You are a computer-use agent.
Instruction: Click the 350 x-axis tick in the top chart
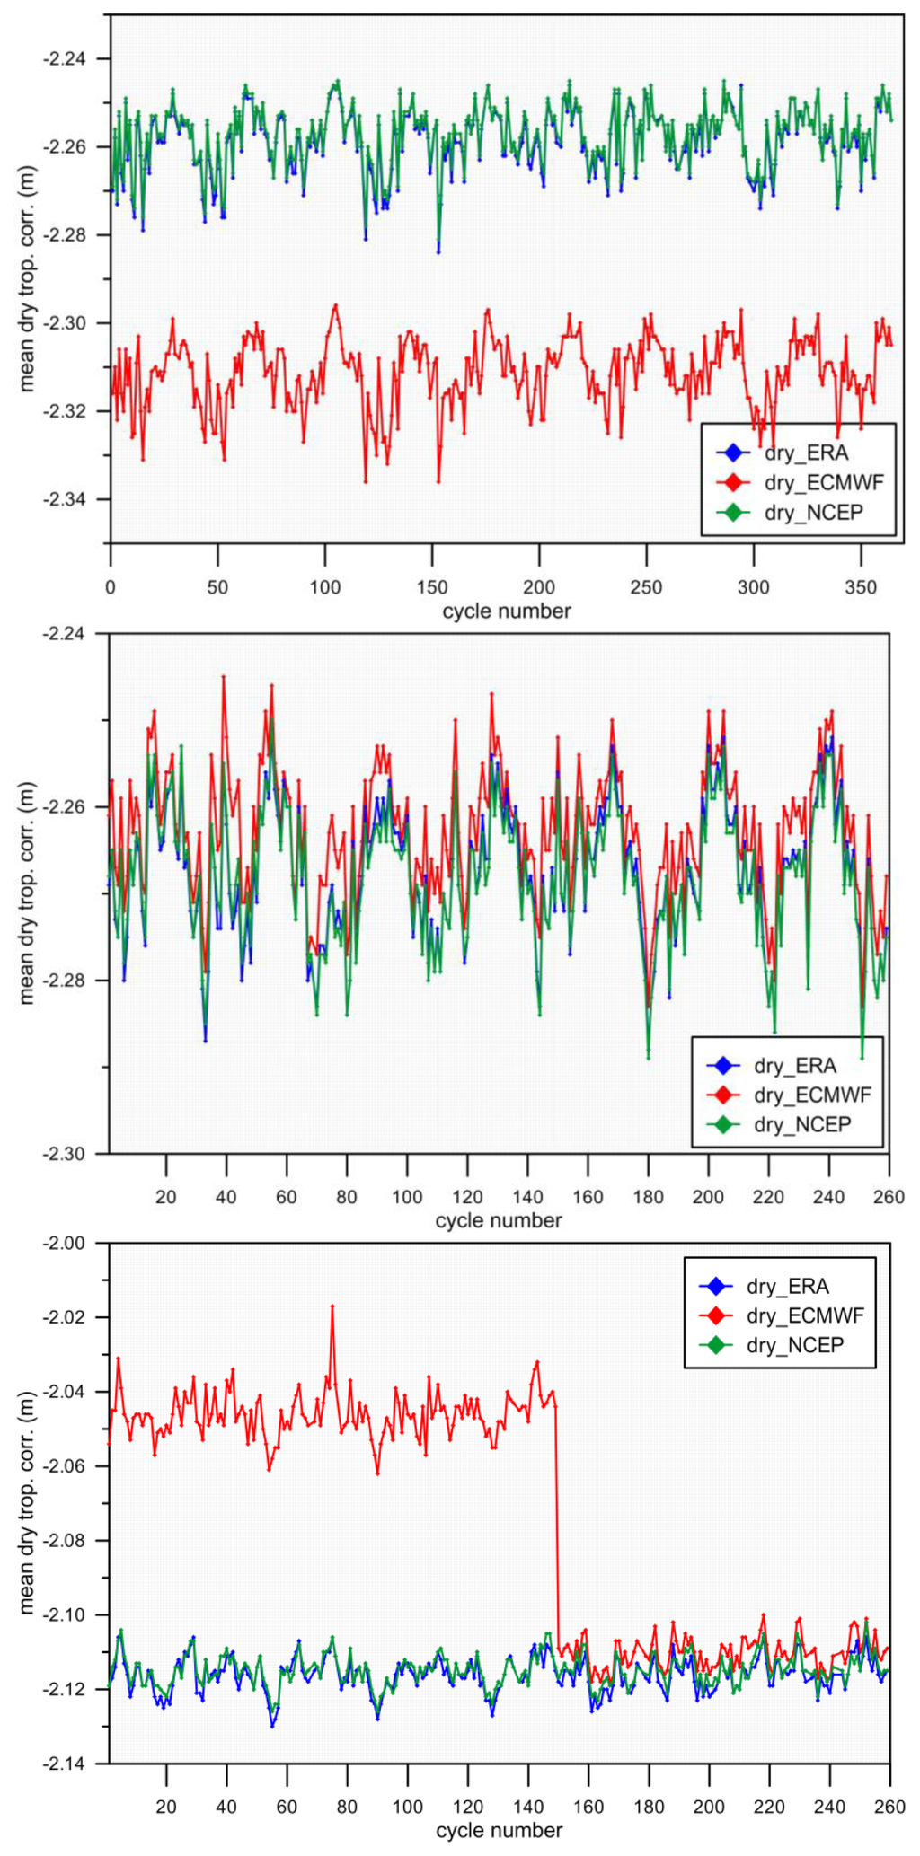(861, 587)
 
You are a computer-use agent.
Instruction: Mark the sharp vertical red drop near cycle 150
(557, 1526)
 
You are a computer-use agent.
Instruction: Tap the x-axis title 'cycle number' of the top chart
(506, 611)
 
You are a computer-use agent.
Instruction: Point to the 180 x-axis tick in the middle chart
(648, 1197)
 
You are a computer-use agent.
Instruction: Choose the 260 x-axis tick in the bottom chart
(889, 1807)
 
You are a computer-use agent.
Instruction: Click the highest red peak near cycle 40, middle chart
(224, 677)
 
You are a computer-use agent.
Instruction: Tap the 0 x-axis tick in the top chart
(111, 587)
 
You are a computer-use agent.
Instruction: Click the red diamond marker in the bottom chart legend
(716, 1315)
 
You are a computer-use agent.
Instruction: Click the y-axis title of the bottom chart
(27, 1504)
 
